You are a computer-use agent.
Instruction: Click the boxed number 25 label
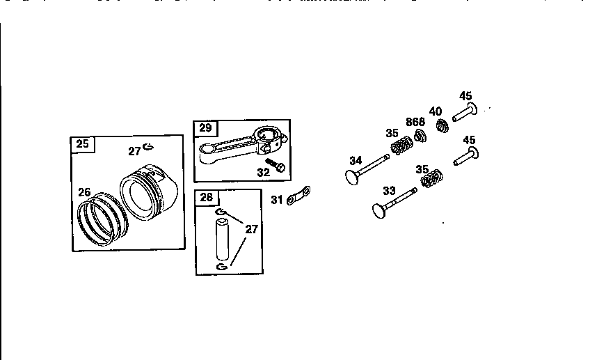(83, 144)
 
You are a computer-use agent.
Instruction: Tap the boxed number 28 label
(206, 197)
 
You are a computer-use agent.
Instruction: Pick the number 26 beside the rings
(84, 192)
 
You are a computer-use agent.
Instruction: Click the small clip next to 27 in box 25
(148, 147)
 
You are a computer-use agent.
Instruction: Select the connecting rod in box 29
(240, 143)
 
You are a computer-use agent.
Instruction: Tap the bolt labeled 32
(276, 165)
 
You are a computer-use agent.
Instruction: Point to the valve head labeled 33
(381, 208)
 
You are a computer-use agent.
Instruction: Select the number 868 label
(415, 122)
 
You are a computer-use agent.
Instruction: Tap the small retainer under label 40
(440, 127)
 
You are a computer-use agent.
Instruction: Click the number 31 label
(277, 201)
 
